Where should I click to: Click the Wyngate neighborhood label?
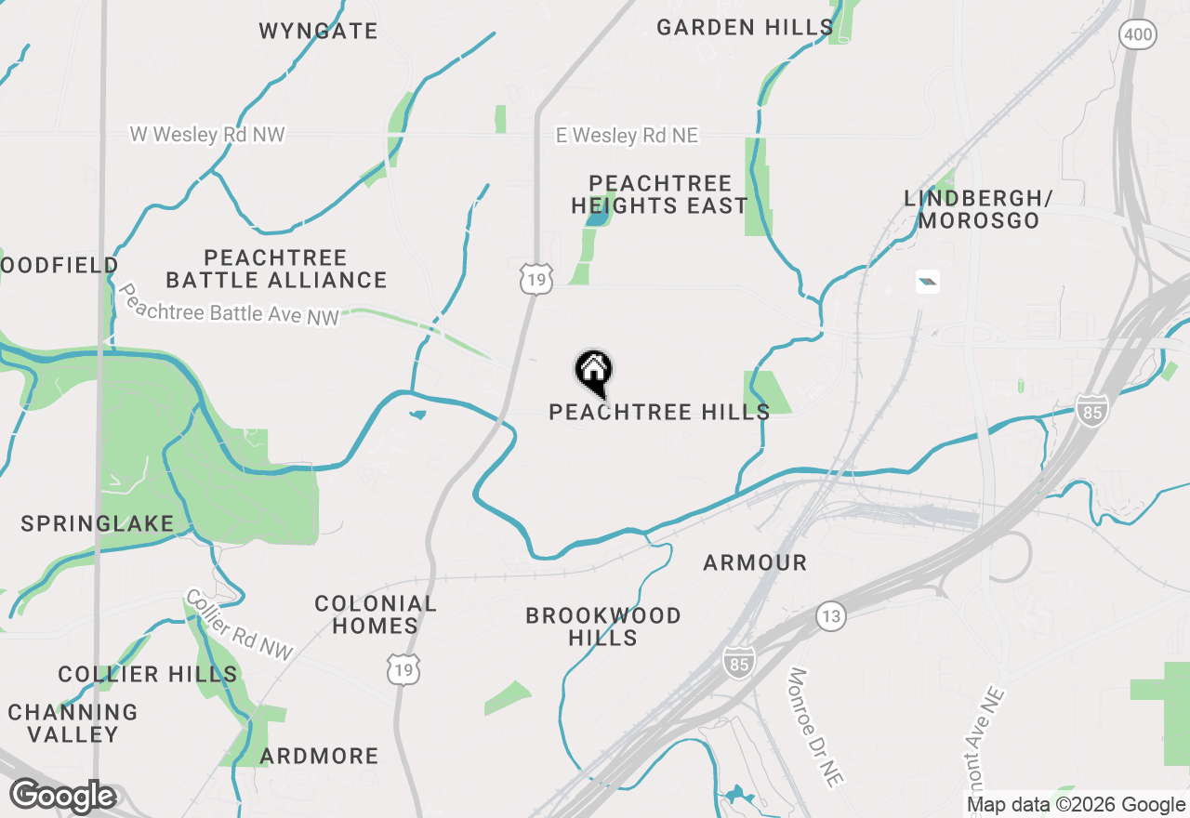point(318,32)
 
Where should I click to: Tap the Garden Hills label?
point(745,28)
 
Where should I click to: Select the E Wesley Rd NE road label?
point(627,136)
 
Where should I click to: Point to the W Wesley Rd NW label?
point(207,136)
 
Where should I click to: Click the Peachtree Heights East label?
point(660,194)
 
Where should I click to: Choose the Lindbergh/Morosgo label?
point(977,209)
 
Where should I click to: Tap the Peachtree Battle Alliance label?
point(276,269)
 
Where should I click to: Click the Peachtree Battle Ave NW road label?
point(229,305)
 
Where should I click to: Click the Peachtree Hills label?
point(659,412)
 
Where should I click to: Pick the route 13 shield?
point(831,615)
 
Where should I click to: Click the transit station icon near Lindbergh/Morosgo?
point(927,281)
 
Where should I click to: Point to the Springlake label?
point(98,524)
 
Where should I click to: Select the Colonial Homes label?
point(376,614)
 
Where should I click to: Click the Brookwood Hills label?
point(603,627)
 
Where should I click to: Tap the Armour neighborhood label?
point(755,562)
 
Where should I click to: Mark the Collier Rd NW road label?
point(240,626)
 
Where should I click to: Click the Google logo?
point(63,797)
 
